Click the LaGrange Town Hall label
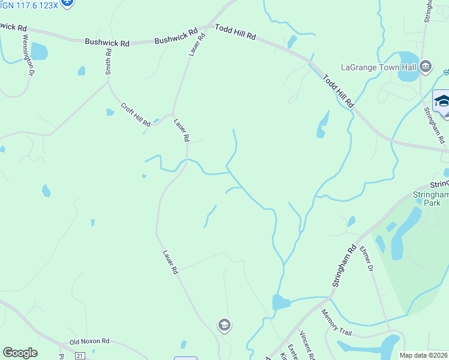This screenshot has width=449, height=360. click(379, 67)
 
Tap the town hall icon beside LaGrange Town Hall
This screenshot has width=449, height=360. click(426, 66)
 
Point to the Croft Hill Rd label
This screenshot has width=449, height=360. click(136, 115)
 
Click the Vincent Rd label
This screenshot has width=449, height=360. click(307, 346)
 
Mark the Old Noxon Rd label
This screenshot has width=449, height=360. click(89, 341)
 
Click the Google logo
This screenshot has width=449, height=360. click(20, 353)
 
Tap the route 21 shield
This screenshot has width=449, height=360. click(80, 356)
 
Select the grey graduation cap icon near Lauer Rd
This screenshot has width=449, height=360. click(224, 325)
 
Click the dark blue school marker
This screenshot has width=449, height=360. click(442, 101)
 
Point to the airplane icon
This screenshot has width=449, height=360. click(67, 3)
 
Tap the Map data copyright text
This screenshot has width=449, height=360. click(424, 355)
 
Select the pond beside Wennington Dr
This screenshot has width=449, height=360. click(39, 52)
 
